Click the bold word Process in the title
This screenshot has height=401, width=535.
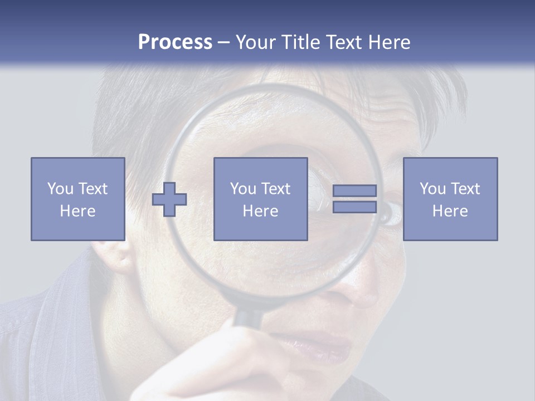click(x=175, y=42)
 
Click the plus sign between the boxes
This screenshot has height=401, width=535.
click(x=169, y=199)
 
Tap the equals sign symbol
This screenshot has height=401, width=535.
click(x=354, y=199)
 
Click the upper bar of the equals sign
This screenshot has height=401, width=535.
click(x=354, y=190)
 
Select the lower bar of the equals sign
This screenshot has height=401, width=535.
click(x=354, y=207)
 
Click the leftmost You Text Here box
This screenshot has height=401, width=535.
click(x=78, y=199)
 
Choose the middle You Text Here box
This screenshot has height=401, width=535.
click(x=260, y=199)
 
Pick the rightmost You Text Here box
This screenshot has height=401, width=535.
click(x=450, y=199)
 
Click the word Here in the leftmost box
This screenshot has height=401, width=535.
click(x=78, y=211)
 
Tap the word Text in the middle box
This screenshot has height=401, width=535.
click(x=275, y=188)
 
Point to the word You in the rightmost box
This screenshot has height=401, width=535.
click(x=432, y=188)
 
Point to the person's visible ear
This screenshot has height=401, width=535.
click(x=114, y=256)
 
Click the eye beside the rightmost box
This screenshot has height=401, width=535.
click(x=391, y=213)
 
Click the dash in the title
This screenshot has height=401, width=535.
click(x=223, y=42)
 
